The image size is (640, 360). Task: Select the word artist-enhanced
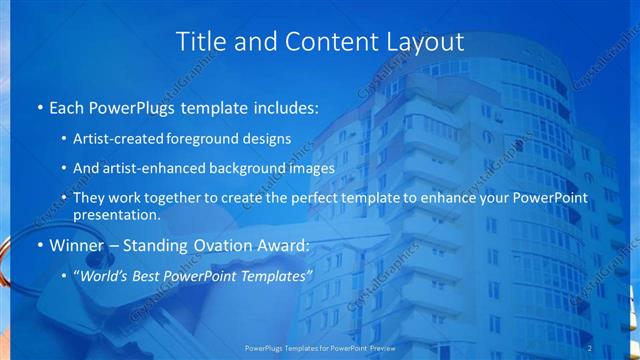tap(161, 169)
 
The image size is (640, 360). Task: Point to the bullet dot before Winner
tap(38, 245)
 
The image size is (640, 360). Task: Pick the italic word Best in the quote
tap(153, 275)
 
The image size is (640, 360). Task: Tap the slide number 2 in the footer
tap(590, 347)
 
